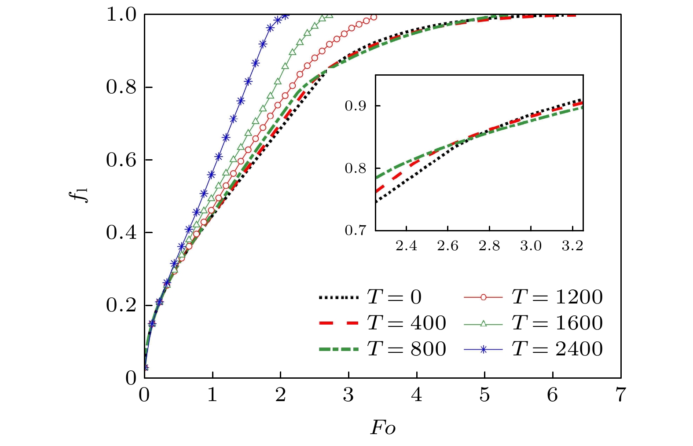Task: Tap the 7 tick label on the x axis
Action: coord(620,395)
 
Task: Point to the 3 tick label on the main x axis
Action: coord(348,395)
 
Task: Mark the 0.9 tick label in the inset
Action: coord(356,106)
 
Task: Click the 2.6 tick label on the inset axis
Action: coord(447,246)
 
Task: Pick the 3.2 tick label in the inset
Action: coord(572,246)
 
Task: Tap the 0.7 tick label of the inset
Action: coord(356,230)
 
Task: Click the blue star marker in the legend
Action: coord(483,350)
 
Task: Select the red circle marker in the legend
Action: coord(483,298)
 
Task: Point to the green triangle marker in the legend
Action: coord(483,324)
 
